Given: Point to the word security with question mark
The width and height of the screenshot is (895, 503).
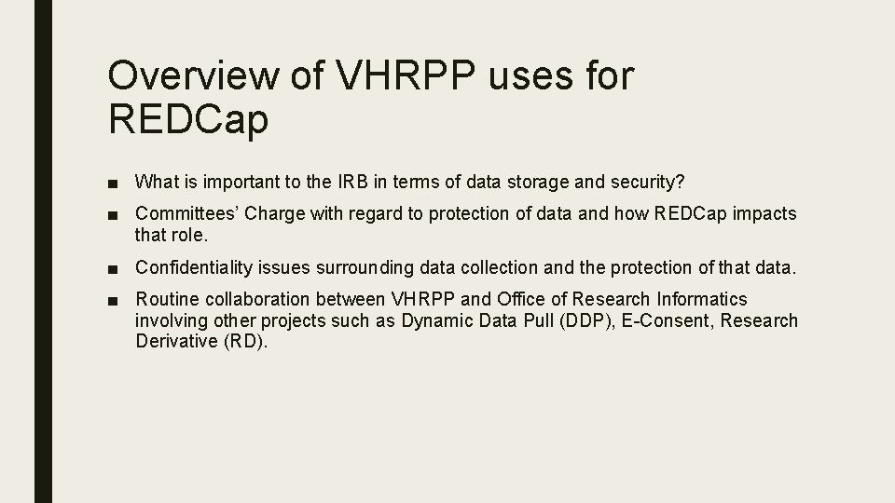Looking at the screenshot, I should (x=653, y=181).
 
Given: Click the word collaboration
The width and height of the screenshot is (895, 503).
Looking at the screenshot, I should (x=255, y=299).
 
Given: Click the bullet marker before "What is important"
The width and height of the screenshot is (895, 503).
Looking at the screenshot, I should (x=112, y=182).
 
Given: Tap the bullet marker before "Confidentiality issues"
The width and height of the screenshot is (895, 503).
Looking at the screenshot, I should (x=112, y=268).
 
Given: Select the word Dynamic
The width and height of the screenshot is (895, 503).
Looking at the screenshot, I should (x=434, y=320).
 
